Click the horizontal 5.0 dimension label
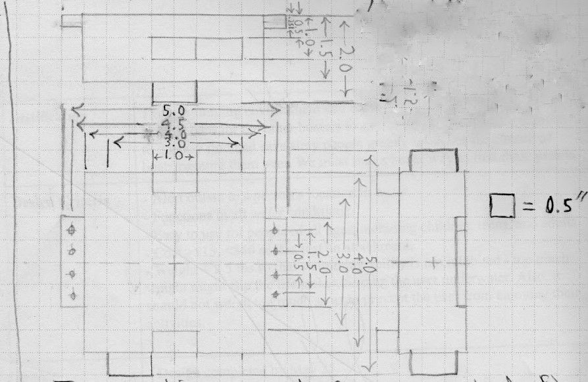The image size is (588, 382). click(x=174, y=110)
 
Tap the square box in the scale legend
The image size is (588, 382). click(x=501, y=206)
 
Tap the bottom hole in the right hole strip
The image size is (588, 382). click(x=276, y=293)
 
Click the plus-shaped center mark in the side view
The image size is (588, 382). click(x=434, y=262)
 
